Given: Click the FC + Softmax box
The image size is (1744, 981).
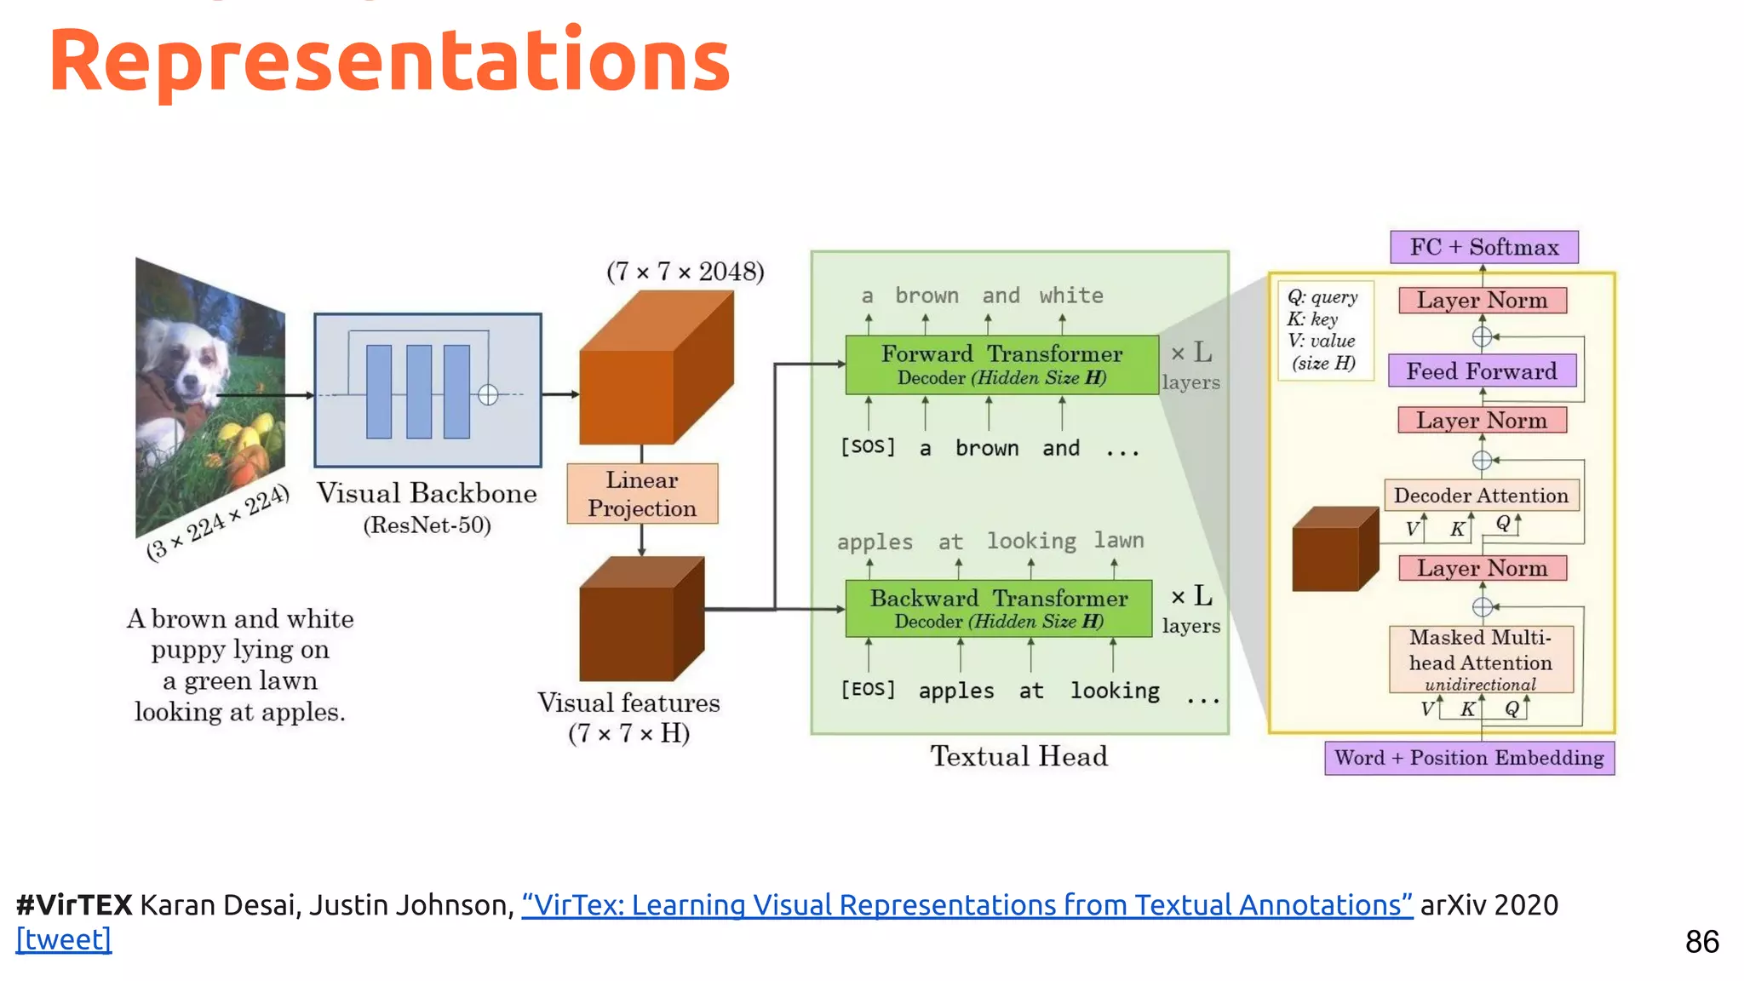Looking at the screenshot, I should tap(1483, 247).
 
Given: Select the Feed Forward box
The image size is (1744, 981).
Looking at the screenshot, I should tap(1482, 371).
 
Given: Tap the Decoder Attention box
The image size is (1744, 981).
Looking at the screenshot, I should tap(1481, 496).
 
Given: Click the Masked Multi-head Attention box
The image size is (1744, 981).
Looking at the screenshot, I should tap(1481, 659).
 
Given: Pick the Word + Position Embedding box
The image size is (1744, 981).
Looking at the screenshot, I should tap(1469, 758).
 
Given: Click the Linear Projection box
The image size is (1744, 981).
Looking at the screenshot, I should tap(642, 494).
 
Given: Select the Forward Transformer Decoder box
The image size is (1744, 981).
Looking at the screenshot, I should tap(1001, 364).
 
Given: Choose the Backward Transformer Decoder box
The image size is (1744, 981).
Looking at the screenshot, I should tap(998, 609).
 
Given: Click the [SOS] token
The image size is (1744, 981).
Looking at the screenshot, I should tap(868, 446).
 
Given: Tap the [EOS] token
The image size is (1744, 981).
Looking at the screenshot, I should tap(868, 689).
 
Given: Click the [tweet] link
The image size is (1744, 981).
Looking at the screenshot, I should tap(64, 939).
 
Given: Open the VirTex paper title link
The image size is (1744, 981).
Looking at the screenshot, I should tap(967, 904).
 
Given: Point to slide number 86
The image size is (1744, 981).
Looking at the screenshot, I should tap(1701, 942).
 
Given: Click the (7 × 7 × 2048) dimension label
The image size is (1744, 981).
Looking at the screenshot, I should tap(685, 272).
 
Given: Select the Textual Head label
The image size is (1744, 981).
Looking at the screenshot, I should tap(1018, 756).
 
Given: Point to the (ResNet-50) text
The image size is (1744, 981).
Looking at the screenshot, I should tap(427, 525).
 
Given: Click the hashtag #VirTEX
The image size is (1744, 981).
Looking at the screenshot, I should tap(74, 904).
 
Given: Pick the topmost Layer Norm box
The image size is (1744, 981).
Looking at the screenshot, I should tap(1482, 301).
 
